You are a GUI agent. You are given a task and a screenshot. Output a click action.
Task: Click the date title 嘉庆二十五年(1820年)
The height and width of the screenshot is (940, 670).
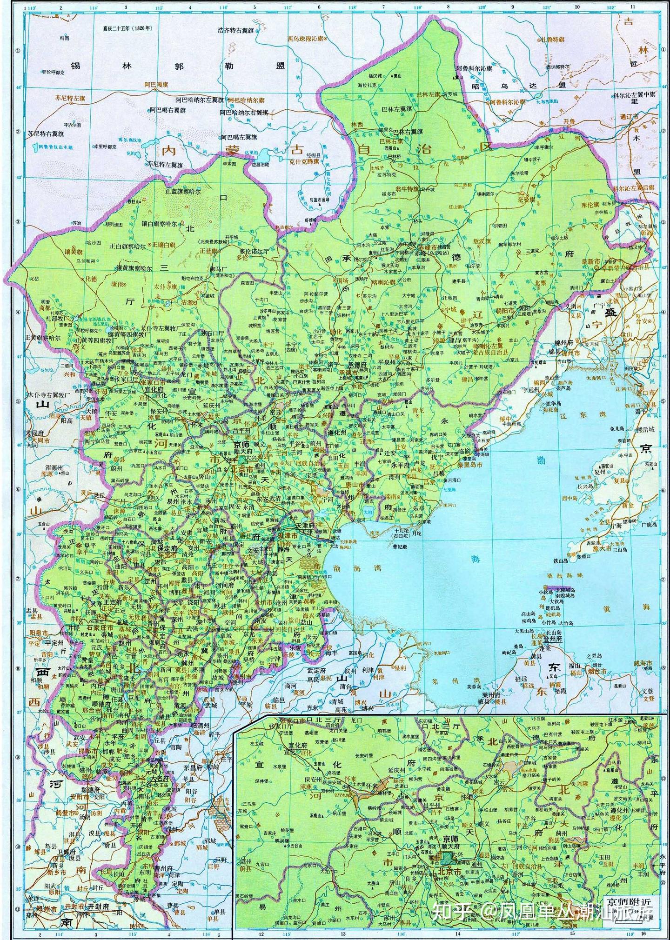(123, 28)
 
